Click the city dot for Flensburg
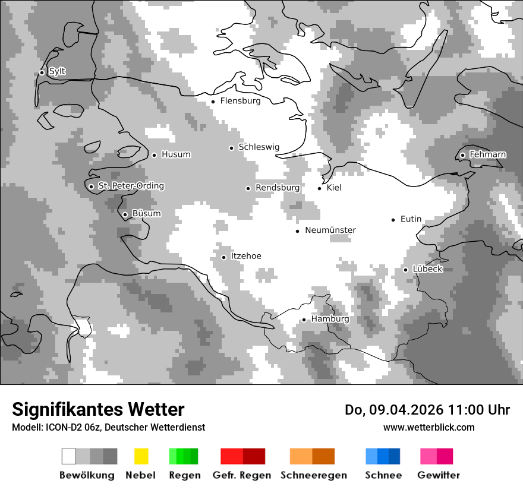click(213, 102)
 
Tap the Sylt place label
click(57, 71)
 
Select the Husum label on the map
click(176, 154)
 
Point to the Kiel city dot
click(320, 188)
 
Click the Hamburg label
click(330, 319)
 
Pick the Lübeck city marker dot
click(406, 270)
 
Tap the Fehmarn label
click(487, 154)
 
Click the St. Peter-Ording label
click(131, 186)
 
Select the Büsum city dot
click(125, 214)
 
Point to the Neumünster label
click(330, 230)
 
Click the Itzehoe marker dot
click(223, 257)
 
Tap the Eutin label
click(411, 219)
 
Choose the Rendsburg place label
click(278, 188)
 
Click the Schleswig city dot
click(231, 148)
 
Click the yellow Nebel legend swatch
click(141, 456)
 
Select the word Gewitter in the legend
click(439, 475)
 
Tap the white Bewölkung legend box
click(69, 456)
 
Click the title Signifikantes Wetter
click(98, 409)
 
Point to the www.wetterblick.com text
click(429, 427)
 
